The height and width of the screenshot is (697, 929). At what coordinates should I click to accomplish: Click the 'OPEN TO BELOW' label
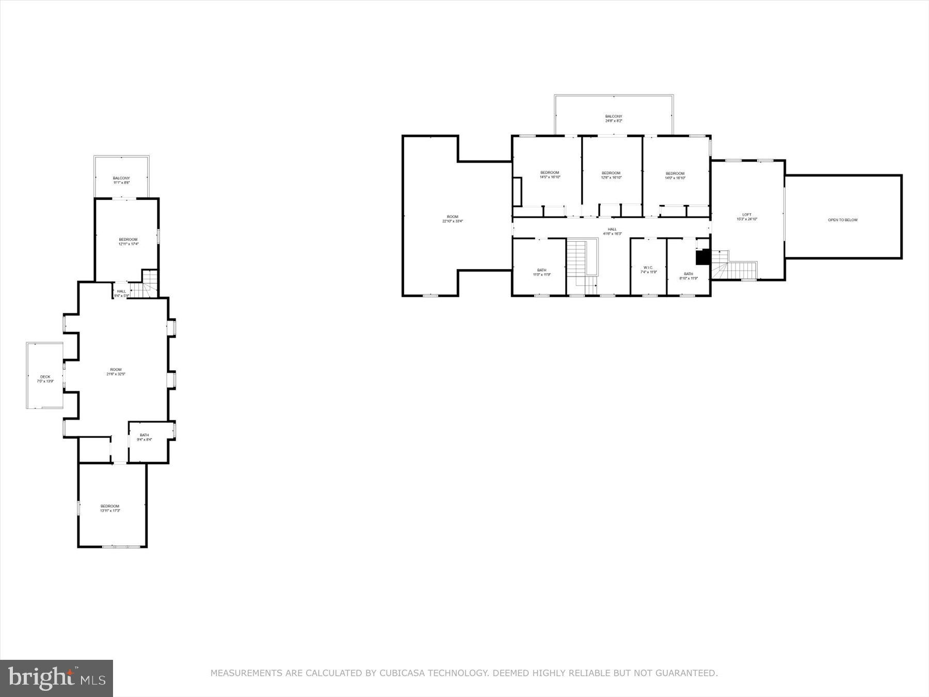coord(842,220)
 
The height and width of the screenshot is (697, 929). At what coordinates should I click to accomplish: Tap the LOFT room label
coord(746,217)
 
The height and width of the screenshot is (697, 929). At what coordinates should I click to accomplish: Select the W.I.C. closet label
coord(648,270)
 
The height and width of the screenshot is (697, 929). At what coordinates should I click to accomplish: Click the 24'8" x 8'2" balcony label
coord(614,118)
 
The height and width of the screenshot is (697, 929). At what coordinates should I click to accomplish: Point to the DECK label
coord(45,379)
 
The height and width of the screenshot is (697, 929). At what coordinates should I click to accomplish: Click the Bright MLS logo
coord(56,677)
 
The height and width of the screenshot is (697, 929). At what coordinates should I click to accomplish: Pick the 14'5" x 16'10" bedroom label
coord(550,175)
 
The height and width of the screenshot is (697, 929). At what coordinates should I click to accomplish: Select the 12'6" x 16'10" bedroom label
coord(611,175)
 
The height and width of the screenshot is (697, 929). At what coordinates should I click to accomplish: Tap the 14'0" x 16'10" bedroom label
coord(675,176)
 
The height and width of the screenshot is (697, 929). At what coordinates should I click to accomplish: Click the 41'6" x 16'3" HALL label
coord(612,231)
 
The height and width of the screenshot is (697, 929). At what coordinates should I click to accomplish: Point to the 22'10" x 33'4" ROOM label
coord(452,219)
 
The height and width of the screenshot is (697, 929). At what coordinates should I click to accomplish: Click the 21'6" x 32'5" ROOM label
coord(116,372)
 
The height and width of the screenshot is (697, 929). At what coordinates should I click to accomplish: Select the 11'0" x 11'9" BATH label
coord(541,272)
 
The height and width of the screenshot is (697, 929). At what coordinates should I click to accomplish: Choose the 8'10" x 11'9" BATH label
coord(688,276)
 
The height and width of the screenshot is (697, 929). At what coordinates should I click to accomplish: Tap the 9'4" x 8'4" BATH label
coord(144,437)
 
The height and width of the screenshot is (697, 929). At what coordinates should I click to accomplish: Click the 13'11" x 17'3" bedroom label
coord(110,508)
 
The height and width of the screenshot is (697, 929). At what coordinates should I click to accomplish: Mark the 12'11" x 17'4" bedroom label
coord(128,242)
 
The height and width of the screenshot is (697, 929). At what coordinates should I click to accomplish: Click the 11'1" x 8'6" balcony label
coord(121,180)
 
